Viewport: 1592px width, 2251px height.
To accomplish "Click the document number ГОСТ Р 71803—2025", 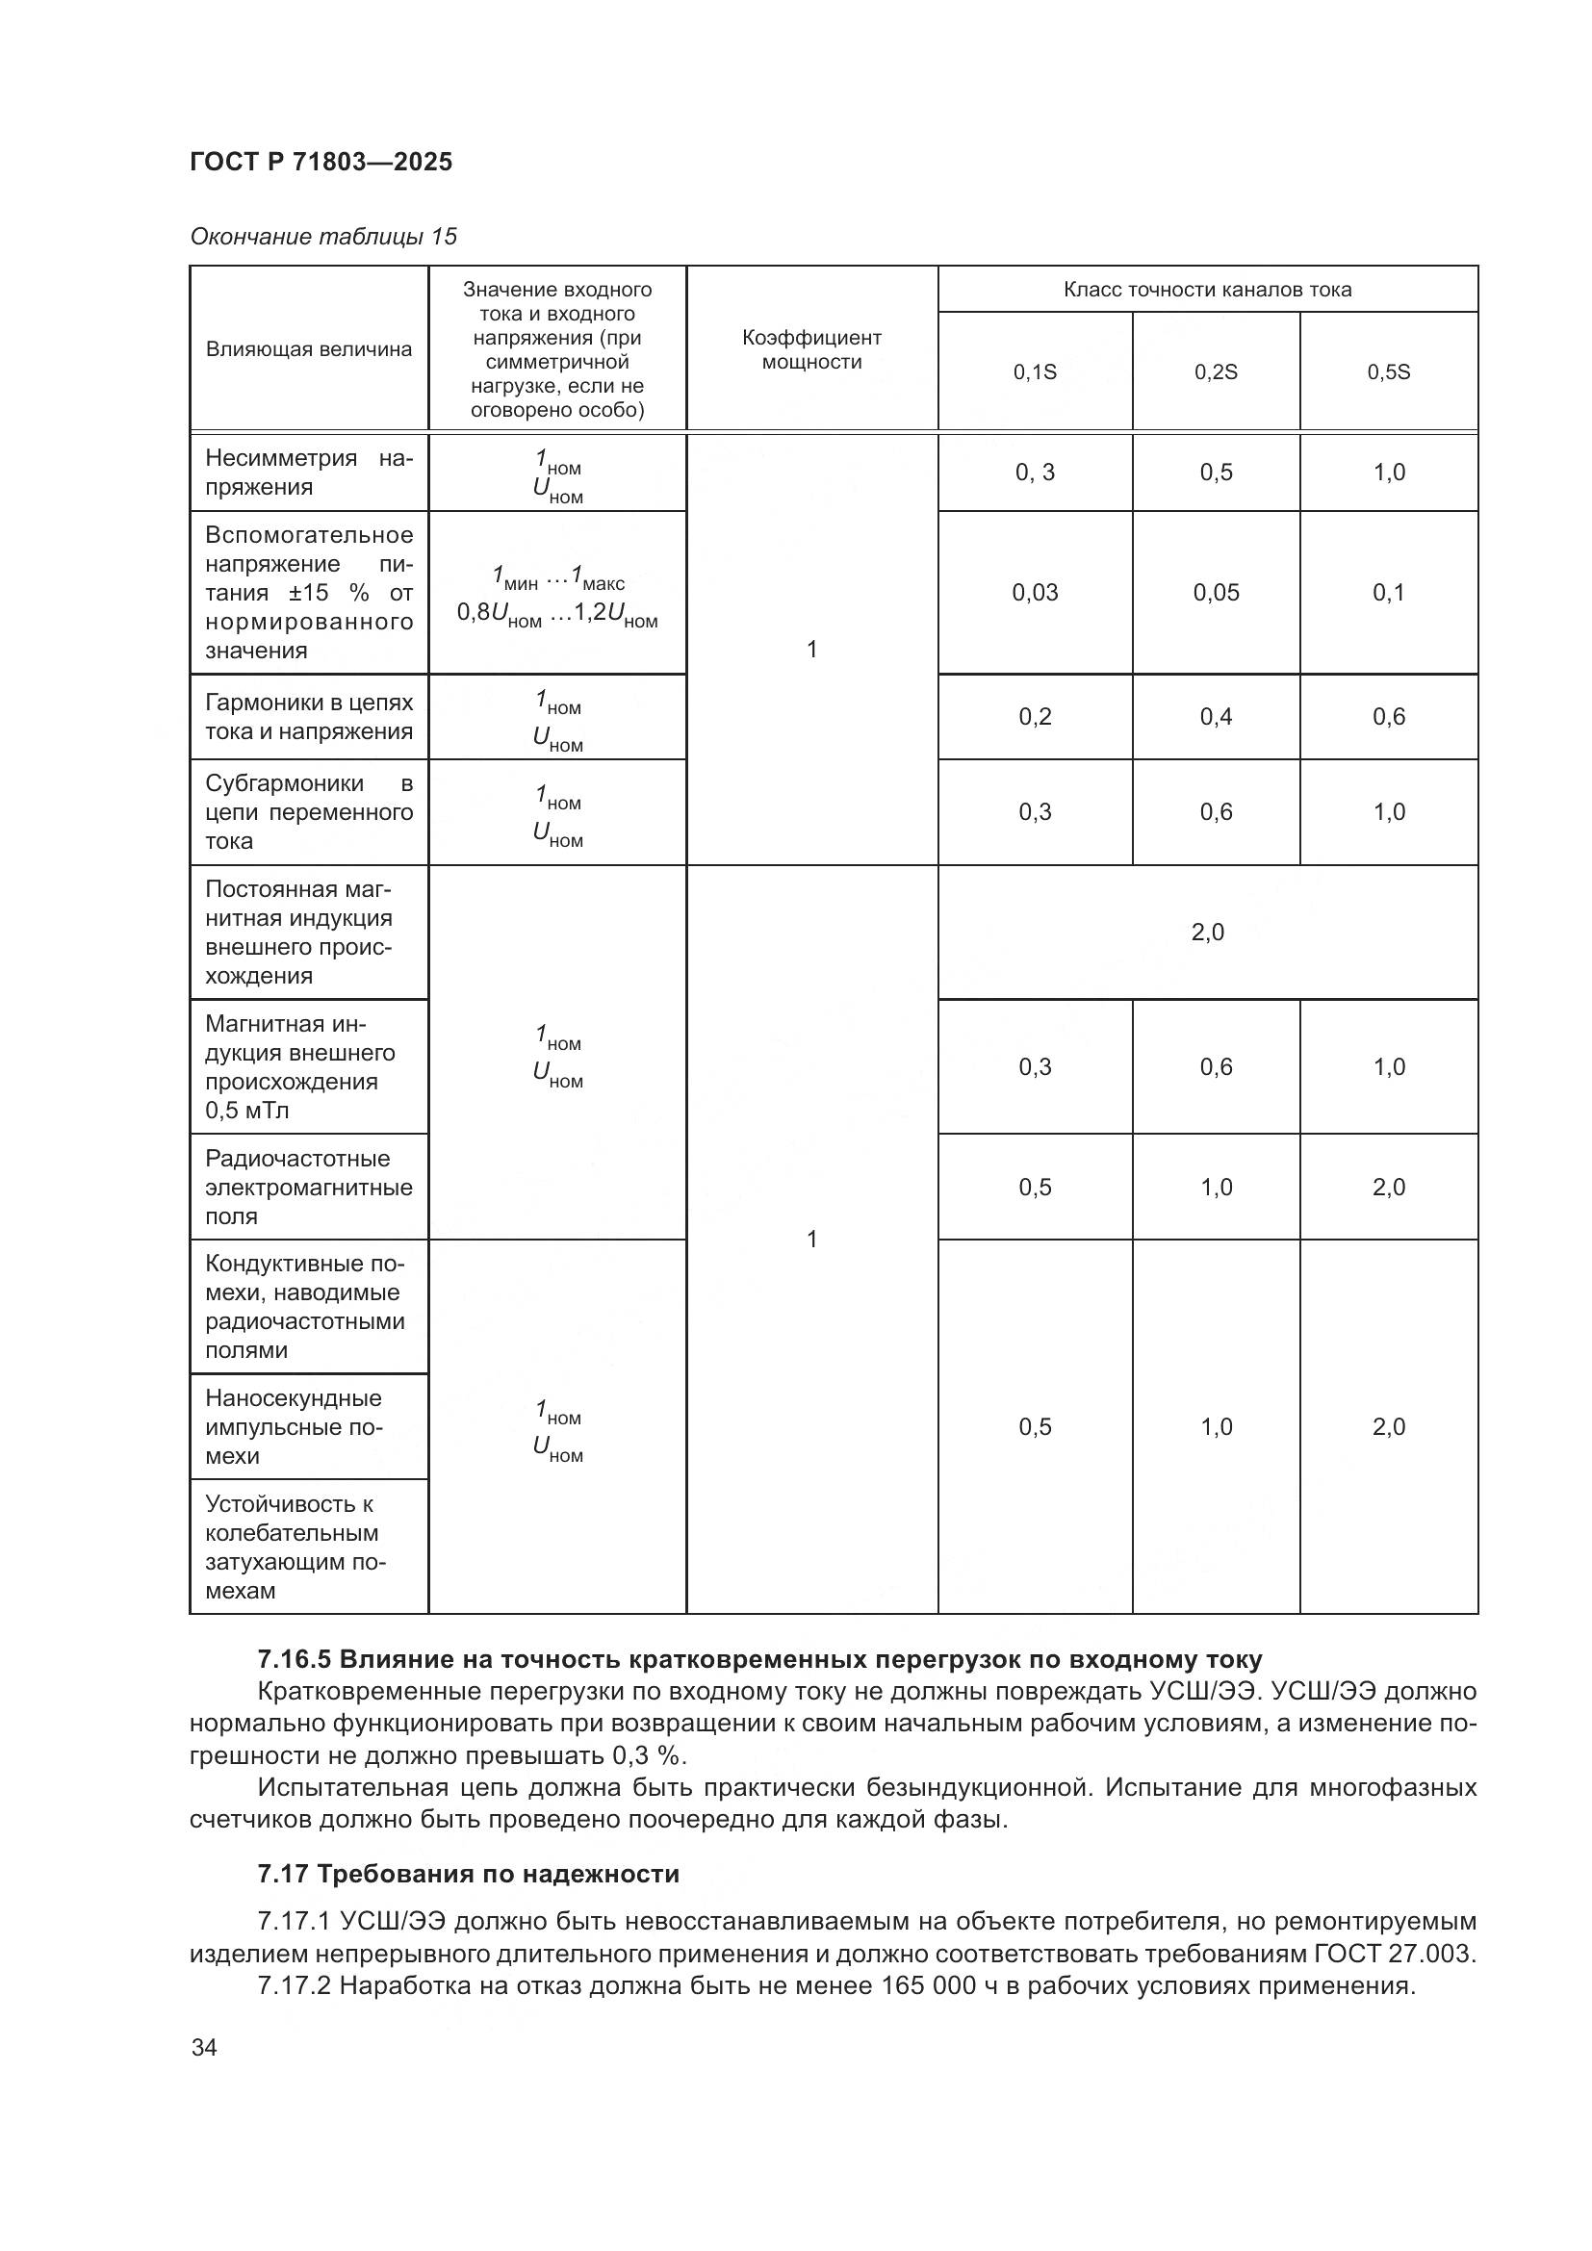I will coord(321,162).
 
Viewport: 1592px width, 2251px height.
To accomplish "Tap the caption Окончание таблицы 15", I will coord(323,237).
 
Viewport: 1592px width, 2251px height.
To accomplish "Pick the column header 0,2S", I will coord(1216,372).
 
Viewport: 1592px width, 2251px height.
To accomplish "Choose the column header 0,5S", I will coord(1388,372).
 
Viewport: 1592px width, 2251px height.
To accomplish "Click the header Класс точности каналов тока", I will coord(1207,290).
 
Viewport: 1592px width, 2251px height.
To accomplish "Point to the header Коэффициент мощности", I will coord(811,349).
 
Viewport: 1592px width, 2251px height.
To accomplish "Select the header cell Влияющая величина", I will coord(309,349).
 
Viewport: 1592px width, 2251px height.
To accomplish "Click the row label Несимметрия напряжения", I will coord(309,473).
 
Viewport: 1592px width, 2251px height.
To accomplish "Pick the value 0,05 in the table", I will coord(1216,592).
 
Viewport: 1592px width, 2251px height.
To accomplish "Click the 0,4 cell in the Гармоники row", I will coord(1216,717).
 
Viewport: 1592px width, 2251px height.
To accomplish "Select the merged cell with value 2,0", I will coord(1207,932).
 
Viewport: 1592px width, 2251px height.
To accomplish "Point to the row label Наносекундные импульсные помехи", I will coord(295,1426).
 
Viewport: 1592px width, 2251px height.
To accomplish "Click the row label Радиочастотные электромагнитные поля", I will coord(309,1188).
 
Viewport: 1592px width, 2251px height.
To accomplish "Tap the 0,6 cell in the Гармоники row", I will coord(1388,717).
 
